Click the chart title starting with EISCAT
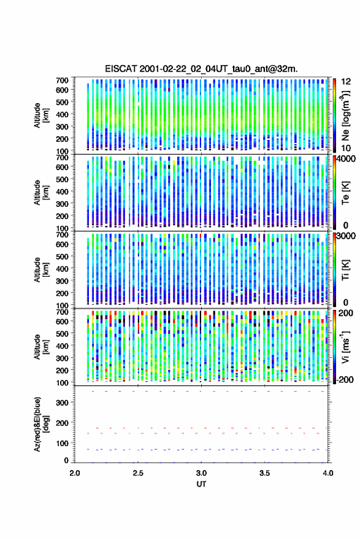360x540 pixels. point(201,69)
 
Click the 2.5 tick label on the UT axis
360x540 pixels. point(138,473)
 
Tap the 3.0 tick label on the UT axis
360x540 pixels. point(201,473)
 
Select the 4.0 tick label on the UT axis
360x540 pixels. point(328,473)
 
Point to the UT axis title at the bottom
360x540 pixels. point(201,484)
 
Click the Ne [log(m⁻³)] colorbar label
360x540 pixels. point(345,115)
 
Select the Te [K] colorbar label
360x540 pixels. point(345,193)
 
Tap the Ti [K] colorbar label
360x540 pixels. point(345,270)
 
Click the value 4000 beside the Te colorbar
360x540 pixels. point(346,159)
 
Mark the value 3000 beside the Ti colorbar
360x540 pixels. point(346,236)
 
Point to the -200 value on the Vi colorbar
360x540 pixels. point(345,379)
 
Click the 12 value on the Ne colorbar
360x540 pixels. point(346,82)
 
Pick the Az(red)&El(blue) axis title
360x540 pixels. point(41,424)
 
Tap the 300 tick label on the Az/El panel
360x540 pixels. point(63,403)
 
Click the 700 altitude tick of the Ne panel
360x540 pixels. point(63,80)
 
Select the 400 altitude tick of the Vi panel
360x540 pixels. point(63,345)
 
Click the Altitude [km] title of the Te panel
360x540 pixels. point(41,193)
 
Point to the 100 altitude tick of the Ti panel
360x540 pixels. point(63,306)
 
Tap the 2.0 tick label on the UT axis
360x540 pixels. point(75,473)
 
